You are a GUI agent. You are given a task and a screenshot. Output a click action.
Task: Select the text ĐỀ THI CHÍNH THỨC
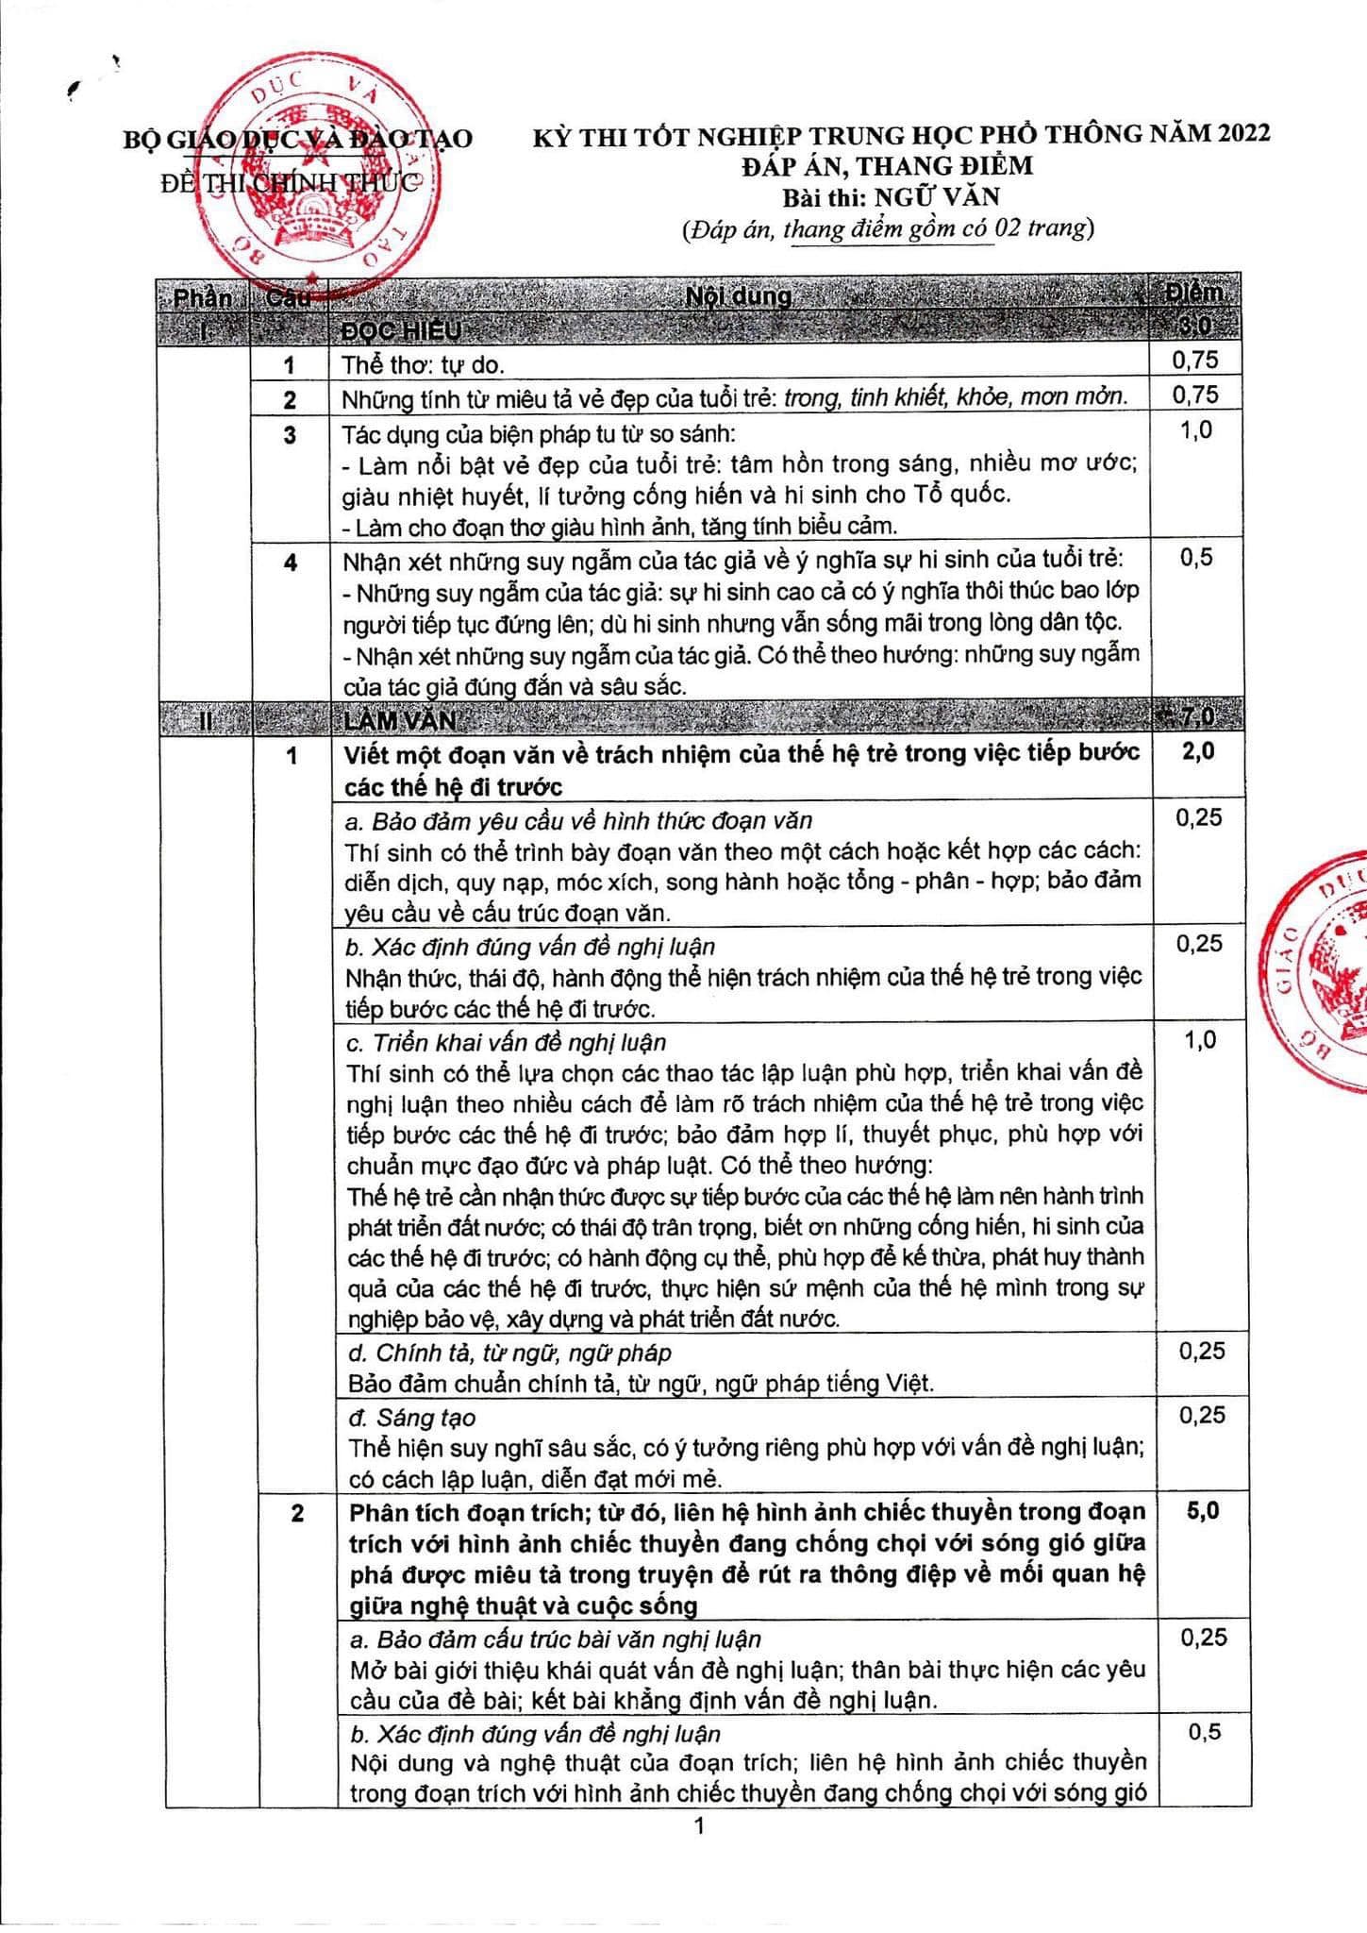coord(291,183)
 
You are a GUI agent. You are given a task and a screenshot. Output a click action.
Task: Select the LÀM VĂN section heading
coord(401,720)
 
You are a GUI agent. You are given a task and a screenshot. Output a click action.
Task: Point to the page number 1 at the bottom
coord(699,1826)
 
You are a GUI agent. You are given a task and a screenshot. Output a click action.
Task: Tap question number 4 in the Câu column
coord(291,563)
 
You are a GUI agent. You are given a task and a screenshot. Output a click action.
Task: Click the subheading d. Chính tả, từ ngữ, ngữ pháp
coord(509,1353)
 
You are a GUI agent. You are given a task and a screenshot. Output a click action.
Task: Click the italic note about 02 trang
coord(887,229)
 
